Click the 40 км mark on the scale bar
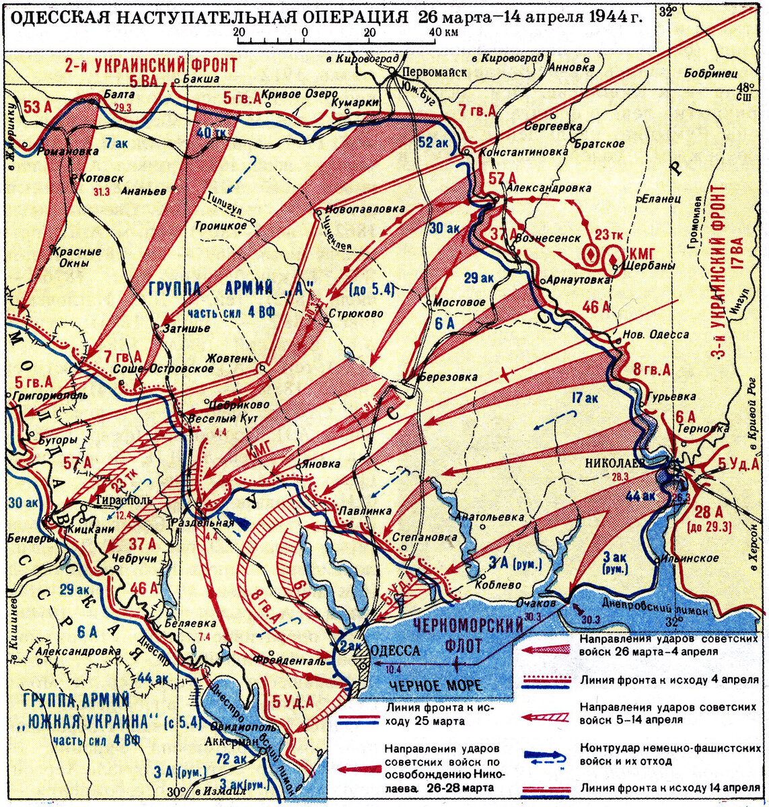point(440,32)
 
